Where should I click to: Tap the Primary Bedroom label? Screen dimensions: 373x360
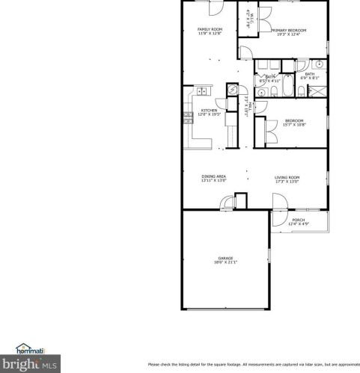(289, 30)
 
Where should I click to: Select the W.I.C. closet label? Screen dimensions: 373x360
(253, 17)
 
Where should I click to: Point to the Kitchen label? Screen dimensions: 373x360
(209, 110)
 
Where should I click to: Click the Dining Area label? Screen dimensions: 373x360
(213, 177)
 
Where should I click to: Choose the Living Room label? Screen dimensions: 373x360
(287, 177)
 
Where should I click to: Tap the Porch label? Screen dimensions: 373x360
(298, 220)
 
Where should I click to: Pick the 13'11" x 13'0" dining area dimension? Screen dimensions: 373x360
(213, 181)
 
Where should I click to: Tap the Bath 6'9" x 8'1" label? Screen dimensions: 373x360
(309, 75)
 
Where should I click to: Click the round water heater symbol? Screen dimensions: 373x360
(233, 90)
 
